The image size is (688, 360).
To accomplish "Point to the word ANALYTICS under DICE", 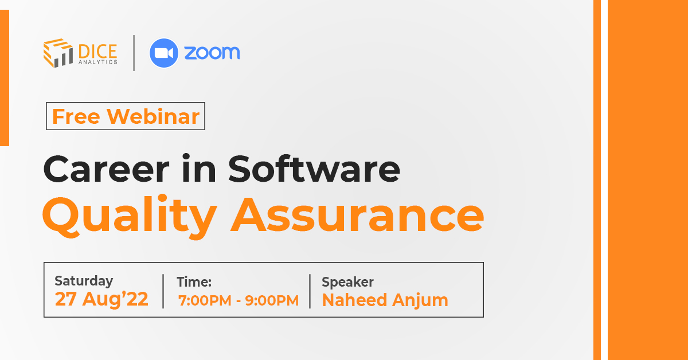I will click(97, 61).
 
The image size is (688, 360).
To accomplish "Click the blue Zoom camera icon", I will click(164, 53).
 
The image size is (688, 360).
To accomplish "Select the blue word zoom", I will click(212, 53).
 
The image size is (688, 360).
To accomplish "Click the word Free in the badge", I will click(77, 116).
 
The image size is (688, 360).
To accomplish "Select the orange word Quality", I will click(129, 215).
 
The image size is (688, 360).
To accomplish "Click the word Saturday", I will click(84, 281).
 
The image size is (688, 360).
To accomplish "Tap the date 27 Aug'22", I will click(101, 299).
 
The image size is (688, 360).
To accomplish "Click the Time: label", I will click(194, 281).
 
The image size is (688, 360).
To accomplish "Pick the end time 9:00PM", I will click(272, 300).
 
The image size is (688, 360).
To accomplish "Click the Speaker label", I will click(347, 281).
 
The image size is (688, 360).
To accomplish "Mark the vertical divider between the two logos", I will click(134, 53).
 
